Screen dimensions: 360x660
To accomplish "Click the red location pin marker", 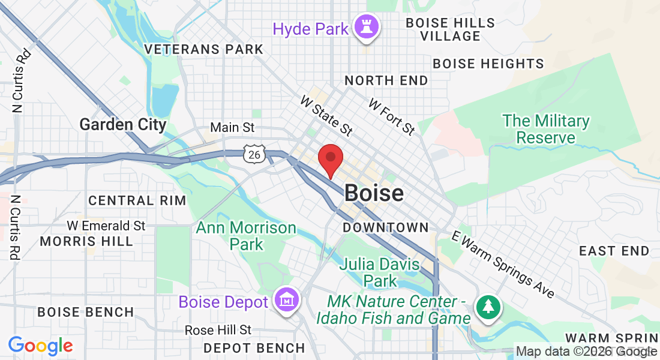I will tap(330, 160).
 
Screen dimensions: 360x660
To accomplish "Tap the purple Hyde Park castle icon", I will tap(364, 26).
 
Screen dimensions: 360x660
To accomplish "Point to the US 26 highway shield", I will tap(253, 154).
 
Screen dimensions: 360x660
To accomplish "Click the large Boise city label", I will tap(374, 193).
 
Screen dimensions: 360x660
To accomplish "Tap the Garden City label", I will tap(122, 125).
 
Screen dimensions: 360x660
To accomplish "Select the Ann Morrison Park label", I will tap(246, 236).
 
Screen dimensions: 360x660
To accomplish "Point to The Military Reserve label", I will tap(545, 129).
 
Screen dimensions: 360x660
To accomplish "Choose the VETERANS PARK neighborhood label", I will tap(204, 49).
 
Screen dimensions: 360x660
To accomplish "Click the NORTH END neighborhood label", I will tap(386, 80).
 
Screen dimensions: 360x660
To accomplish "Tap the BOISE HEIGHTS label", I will tap(488, 64).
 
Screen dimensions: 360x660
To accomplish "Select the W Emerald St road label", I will tap(106, 226).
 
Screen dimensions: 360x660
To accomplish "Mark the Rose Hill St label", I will tap(218, 330).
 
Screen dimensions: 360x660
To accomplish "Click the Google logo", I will tap(40, 346).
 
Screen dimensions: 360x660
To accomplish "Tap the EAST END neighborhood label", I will tap(614, 251).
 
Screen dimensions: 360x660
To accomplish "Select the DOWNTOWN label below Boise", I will tap(386, 227).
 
